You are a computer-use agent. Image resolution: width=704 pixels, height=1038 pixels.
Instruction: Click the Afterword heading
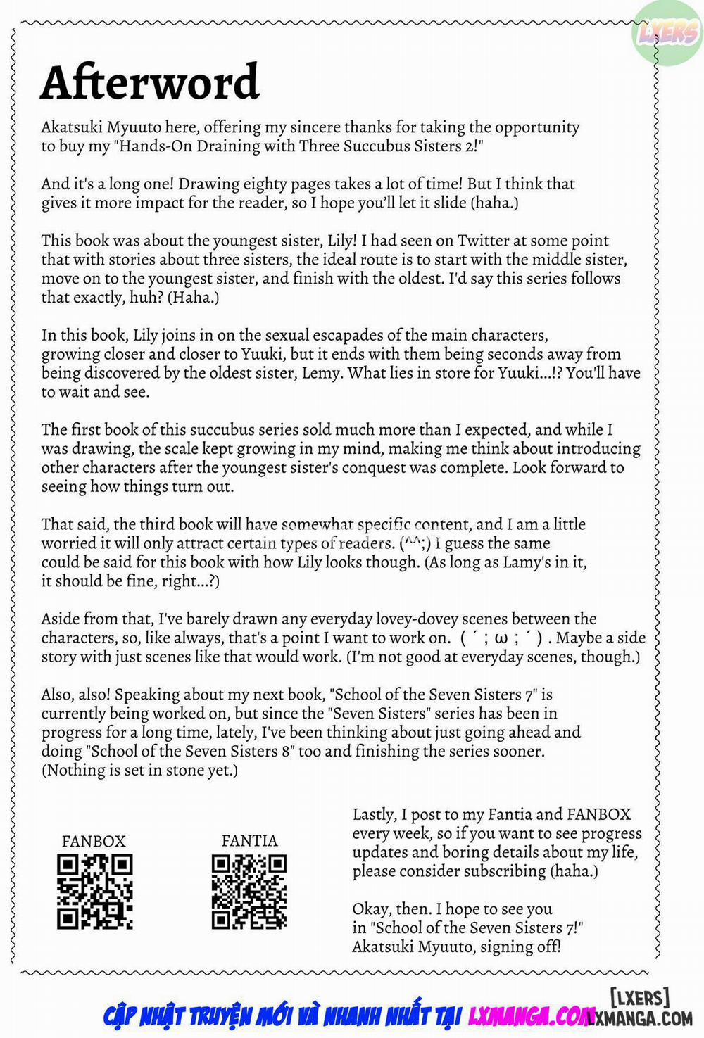coord(150,82)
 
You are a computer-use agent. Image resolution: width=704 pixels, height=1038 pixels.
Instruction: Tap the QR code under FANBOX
coord(94,891)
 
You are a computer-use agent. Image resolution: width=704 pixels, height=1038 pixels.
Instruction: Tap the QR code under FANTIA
coord(249,891)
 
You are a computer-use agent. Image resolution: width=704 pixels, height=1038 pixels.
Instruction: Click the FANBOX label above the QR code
coord(94,841)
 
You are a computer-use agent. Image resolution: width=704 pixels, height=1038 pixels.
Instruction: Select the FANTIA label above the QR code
coord(249,840)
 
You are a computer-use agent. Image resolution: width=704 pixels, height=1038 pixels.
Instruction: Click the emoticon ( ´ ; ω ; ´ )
coord(501,638)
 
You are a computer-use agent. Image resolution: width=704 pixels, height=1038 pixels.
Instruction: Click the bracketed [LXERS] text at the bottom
coord(639,997)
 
